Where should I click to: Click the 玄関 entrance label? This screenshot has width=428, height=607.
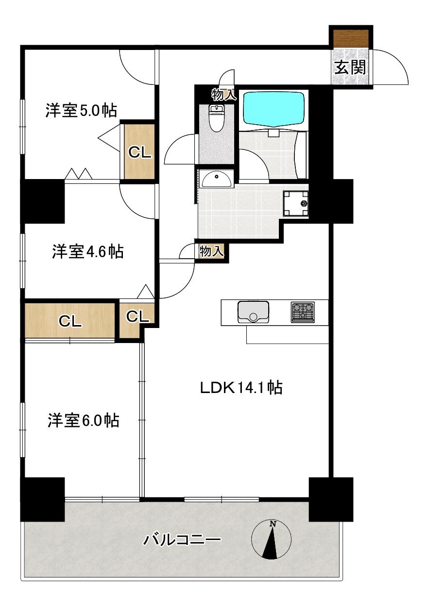349,67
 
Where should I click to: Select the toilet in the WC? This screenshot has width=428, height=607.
216,119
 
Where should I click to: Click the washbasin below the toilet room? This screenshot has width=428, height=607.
216,180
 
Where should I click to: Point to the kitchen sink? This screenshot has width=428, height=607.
253,312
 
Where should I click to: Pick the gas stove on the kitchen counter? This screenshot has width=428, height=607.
303,312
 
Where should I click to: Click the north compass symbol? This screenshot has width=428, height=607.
272,540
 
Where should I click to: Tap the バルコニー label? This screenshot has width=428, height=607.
182,540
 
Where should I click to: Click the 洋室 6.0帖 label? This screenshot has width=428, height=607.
83,420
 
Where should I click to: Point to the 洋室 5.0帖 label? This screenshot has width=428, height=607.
81,111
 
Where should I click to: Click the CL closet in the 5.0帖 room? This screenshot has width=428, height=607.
140,152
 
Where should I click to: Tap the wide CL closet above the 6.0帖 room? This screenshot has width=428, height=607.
70,321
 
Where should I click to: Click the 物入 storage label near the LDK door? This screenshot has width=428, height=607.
212,251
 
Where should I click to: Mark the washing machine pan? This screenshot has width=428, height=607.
295,204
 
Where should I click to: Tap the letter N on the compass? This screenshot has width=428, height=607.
273,524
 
